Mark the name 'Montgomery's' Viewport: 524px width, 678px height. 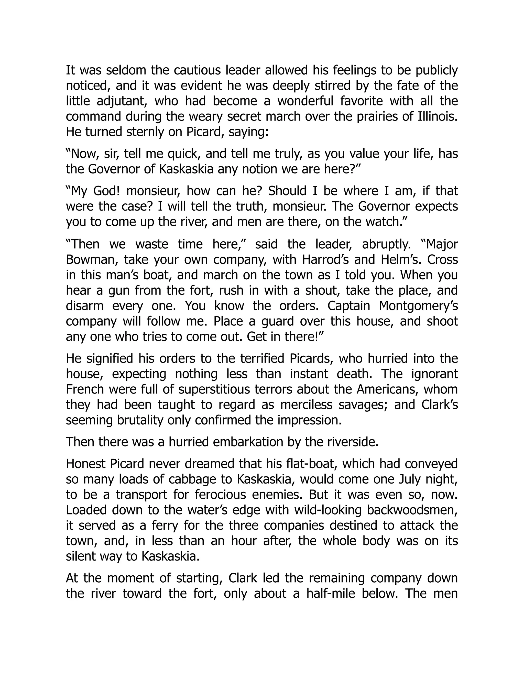coord(418,306)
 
